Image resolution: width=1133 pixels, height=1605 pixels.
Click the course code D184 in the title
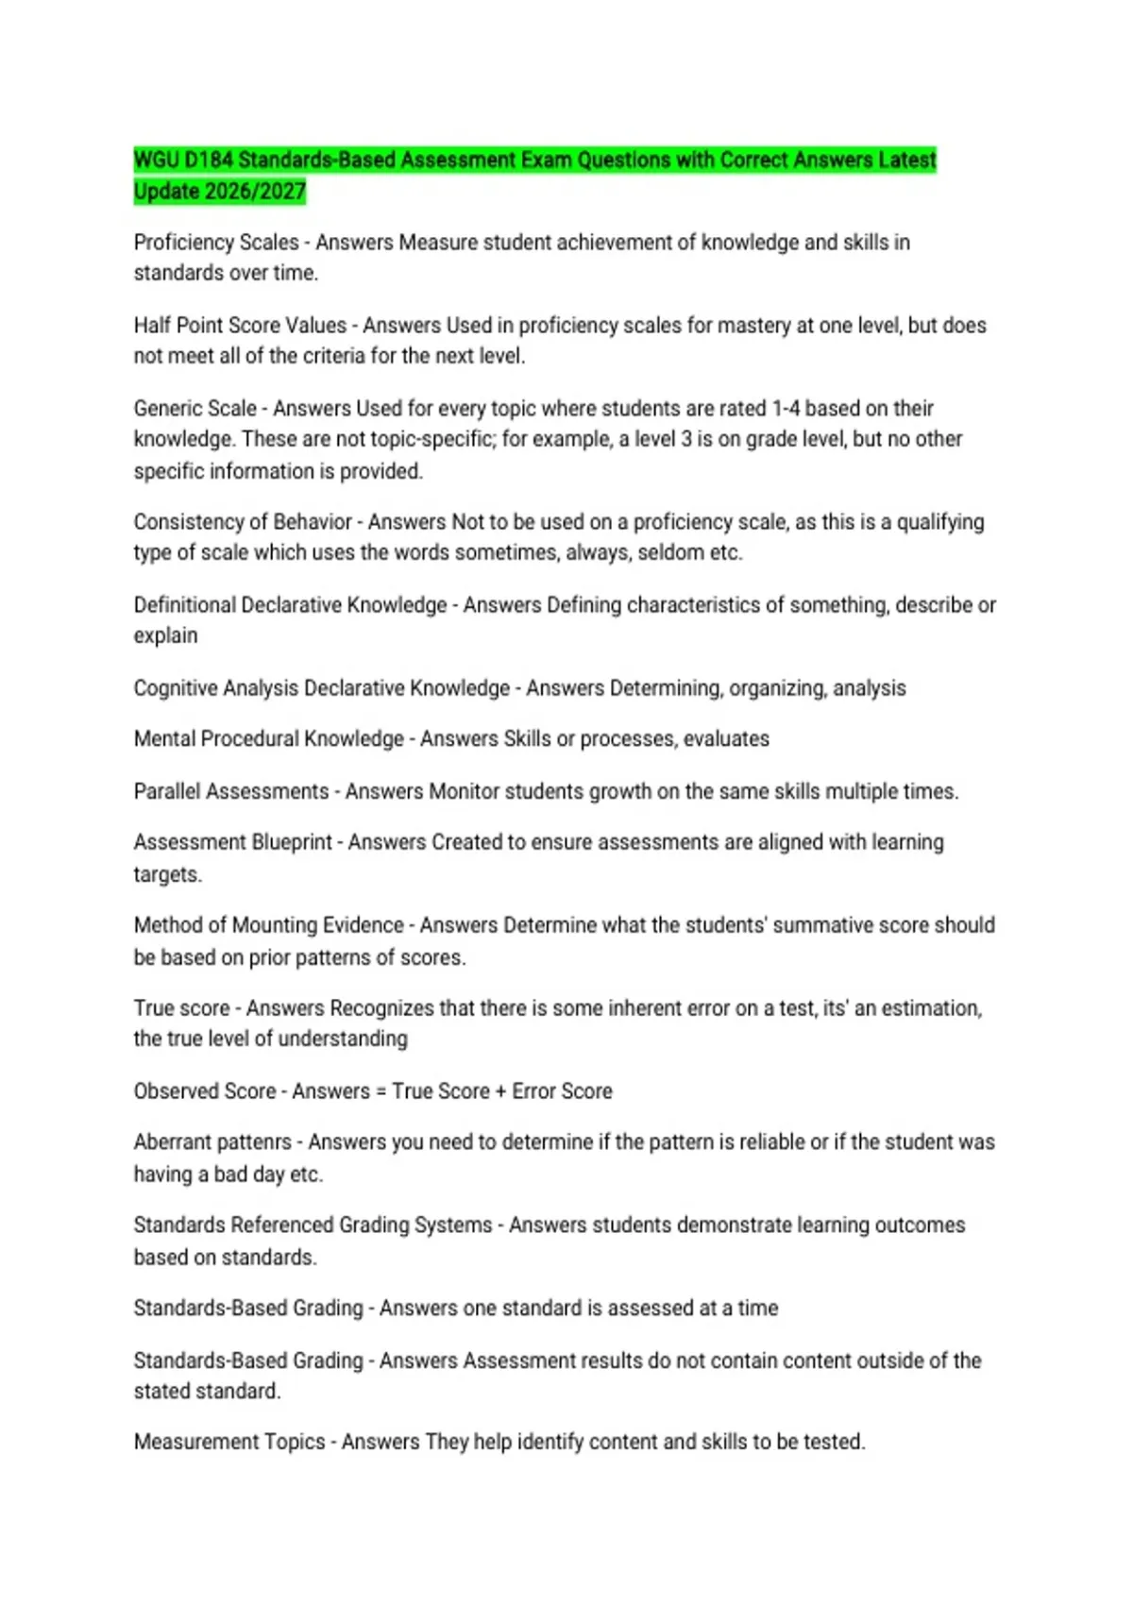[x=209, y=160]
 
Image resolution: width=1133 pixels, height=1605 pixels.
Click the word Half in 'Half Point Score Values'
[x=151, y=326]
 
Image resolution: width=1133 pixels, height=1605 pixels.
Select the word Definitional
[x=184, y=605]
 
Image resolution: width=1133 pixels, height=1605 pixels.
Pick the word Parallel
[x=166, y=791]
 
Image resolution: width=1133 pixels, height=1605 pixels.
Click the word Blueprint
[x=291, y=842]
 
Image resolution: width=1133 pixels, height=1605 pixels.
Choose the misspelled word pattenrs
[x=248, y=1142]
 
